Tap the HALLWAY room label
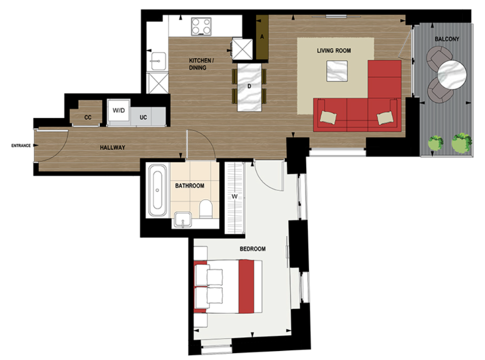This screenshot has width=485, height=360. pos(112,148)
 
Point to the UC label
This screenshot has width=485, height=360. pos(143,117)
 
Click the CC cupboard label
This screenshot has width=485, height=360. pos(88,117)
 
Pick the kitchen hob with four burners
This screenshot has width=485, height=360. pos(202,26)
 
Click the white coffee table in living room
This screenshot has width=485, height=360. pos(337,71)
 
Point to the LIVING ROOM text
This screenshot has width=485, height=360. pos(334,51)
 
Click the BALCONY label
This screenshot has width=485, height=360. pos(446,39)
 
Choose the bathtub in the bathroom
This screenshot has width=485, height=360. pos(158,190)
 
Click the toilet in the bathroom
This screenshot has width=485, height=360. pos(206,208)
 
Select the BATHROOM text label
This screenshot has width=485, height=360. pos(190,186)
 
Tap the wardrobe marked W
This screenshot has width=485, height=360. pos(234,197)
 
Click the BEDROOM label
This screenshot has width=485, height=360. pos(253,249)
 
